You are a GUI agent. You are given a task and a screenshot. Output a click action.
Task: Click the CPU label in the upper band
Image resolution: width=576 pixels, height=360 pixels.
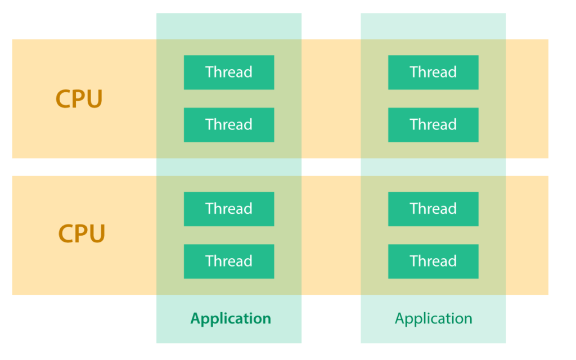pos(79,99)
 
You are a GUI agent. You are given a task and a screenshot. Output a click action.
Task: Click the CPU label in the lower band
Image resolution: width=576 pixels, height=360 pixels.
pos(82,233)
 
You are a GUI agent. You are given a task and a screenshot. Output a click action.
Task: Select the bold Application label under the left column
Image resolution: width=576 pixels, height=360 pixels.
pos(231,319)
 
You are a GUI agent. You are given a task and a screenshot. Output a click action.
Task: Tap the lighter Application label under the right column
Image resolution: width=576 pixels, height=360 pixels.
pos(433,319)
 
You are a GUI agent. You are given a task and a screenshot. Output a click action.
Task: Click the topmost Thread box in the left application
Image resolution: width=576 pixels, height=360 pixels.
pos(229,72)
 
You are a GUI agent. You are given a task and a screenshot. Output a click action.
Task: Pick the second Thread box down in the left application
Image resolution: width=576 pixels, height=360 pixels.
pos(229,124)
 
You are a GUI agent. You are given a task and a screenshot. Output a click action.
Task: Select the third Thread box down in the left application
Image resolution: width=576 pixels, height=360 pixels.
pos(229,209)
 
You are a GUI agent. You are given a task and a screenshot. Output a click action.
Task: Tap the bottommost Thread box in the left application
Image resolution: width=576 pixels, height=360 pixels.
pos(229,261)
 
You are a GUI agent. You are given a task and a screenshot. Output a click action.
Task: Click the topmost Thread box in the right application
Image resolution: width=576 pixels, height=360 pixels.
pos(433,72)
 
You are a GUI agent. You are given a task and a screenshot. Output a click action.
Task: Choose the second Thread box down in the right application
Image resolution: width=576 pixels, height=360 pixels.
pos(433,124)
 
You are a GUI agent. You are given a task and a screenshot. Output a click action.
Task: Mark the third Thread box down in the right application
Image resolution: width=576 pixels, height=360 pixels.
pos(433,209)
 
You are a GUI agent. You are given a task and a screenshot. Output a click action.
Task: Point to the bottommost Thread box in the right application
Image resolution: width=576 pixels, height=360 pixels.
pos(433,261)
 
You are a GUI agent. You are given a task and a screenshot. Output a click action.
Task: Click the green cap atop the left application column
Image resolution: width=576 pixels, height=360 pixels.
pos(229,26)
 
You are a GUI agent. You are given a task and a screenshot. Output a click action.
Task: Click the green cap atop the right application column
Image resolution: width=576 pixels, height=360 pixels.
pos(433,26)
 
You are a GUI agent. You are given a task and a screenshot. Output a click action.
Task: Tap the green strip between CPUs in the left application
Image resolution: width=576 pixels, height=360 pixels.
pos(229,167)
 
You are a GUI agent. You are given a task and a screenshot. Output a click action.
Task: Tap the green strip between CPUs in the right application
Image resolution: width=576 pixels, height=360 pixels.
pos(433,167)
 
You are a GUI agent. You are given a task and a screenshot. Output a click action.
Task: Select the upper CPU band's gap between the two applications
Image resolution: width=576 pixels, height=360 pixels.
pos(331,98)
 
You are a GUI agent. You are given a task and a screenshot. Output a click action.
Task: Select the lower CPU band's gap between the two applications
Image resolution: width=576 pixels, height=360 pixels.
pos(331,235)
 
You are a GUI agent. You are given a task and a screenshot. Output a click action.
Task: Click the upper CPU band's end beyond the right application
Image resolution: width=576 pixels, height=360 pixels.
pos(527,98)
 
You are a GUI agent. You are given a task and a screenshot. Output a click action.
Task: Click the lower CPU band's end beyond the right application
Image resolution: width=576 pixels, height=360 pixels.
pos(527,235)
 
